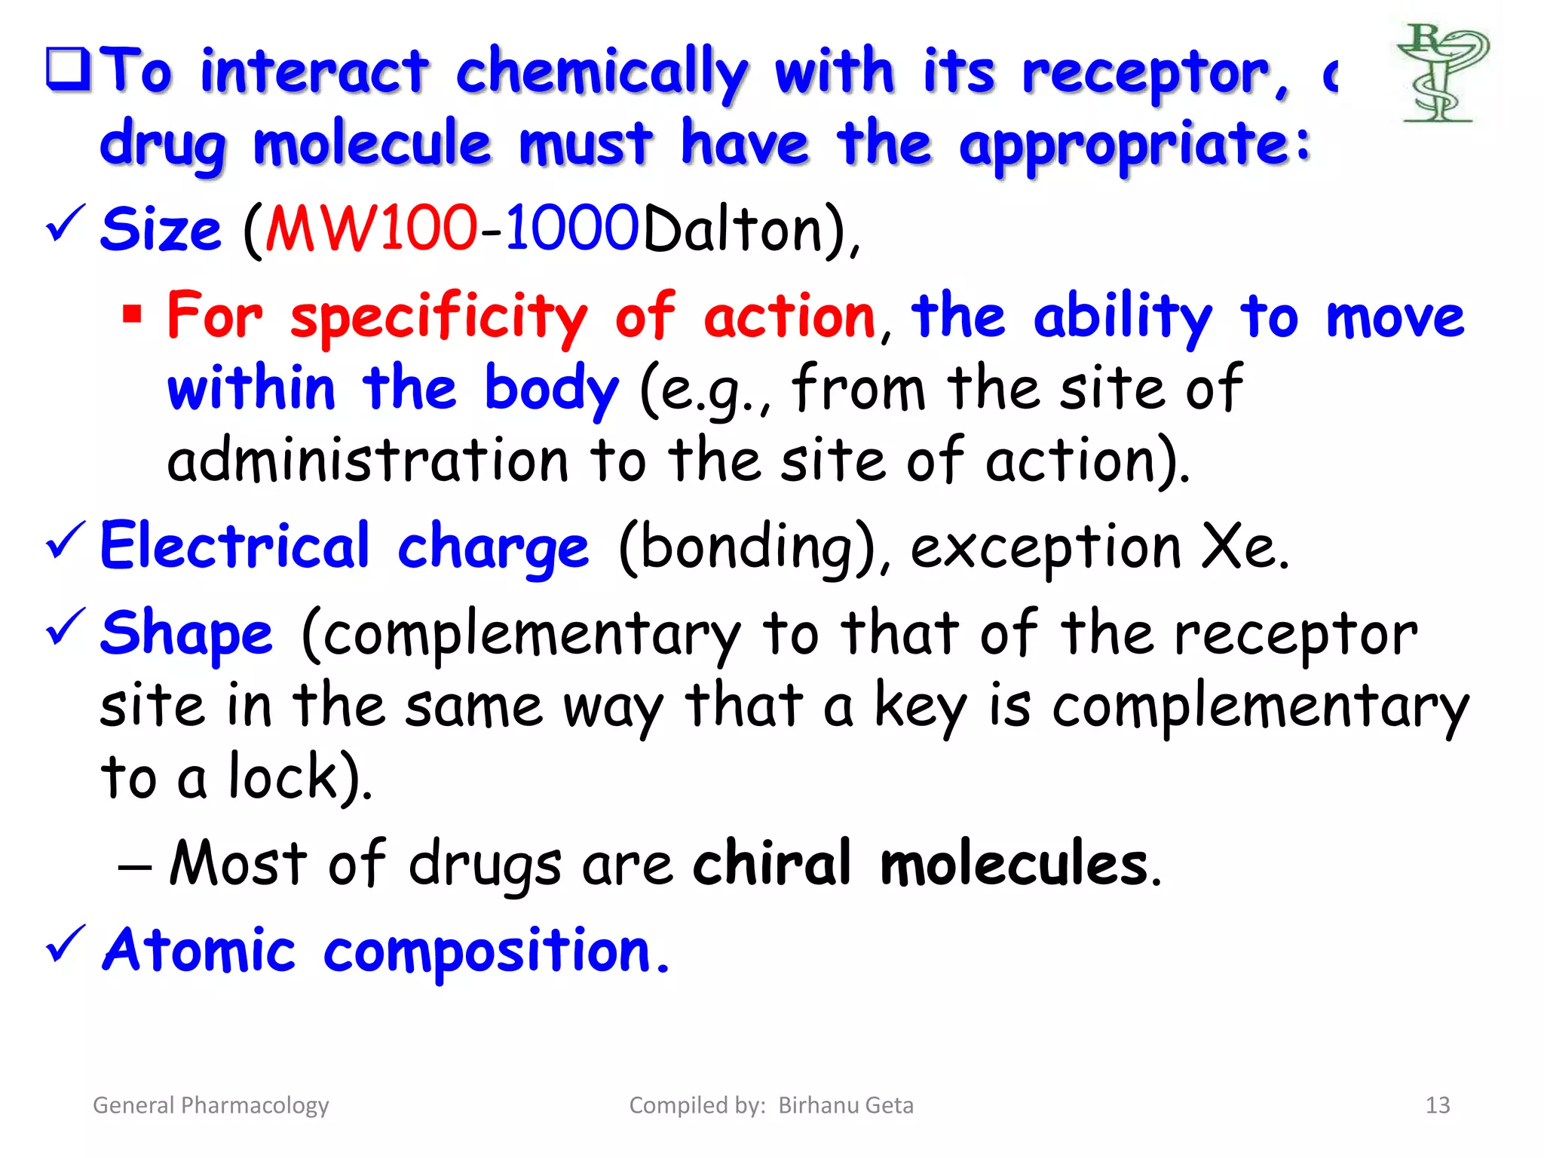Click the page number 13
point(1437,1105)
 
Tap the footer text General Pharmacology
point(210,1105)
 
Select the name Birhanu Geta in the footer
point(845,1105)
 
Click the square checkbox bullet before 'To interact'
point(69,69)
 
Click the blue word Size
point(161,229)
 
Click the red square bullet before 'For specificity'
point(132,313)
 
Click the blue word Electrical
point(234,546)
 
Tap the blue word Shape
point(186,633)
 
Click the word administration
point(367,461)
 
